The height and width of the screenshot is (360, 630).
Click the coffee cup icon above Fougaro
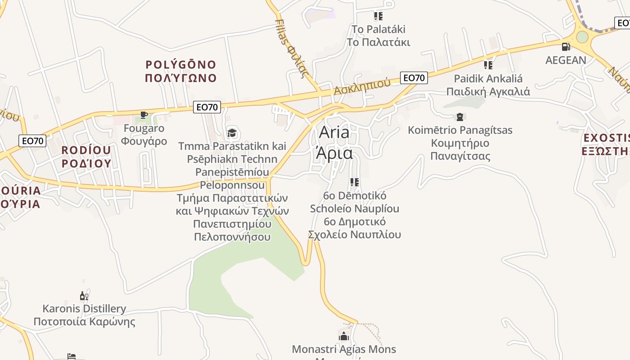click(144, 115)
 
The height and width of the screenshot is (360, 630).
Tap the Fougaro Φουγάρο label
click(144, 135)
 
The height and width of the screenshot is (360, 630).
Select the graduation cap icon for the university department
click(232, 133)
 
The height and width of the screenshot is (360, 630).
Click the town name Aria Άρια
click(334, 143)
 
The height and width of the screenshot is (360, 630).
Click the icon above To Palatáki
click(378, 17)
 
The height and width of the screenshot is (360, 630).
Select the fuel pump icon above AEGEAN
click(566, 46)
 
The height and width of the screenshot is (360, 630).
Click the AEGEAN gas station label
click(566, 60)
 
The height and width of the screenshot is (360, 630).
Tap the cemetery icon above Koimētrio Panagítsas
click(459, 117)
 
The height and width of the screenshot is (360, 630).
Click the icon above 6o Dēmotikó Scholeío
click(355, 182)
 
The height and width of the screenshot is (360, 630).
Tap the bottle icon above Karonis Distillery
click(84, 296)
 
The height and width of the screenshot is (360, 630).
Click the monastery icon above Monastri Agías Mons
click(344, 336)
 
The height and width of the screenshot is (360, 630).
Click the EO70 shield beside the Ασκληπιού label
click(414, 78)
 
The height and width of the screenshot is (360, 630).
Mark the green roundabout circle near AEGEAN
click(582, 37)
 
